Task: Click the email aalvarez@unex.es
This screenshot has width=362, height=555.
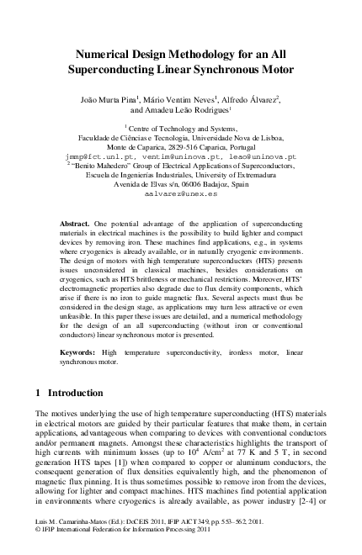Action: coord(181,193)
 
